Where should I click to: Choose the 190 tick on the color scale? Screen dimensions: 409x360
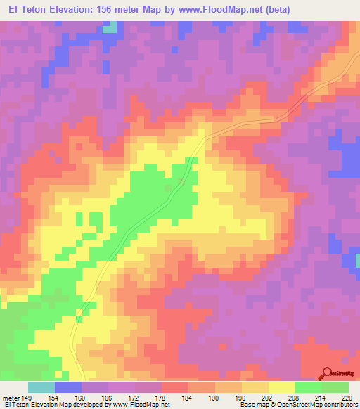click(215, 398)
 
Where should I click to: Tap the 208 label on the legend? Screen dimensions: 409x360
click(295, 398)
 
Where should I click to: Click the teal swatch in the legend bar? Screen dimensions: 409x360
click(41, 387)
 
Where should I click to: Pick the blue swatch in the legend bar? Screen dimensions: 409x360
click(68, 387)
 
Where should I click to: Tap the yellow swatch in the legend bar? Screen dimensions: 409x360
click(281, 387)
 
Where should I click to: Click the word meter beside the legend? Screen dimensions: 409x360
click(11, 398)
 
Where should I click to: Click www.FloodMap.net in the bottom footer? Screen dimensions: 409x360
click(141, 405)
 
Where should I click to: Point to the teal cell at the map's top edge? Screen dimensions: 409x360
click(109, 27)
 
